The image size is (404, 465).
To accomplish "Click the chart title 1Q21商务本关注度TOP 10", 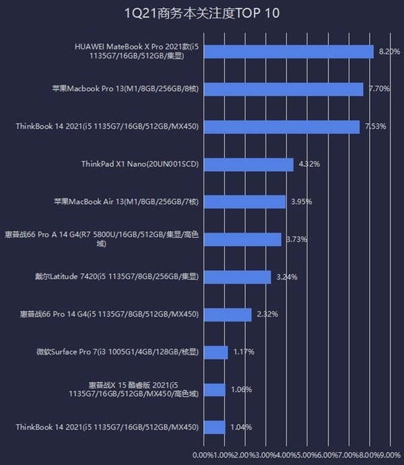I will pos(202,13).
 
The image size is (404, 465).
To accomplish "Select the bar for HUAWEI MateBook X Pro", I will pos(288,52).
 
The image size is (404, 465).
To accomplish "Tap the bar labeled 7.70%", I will pos(283,89).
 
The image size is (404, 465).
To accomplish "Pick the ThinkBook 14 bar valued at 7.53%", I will pos(281,127).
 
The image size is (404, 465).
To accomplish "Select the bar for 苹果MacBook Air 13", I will pos(244,201).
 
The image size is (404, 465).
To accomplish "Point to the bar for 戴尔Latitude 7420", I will pos(237,277).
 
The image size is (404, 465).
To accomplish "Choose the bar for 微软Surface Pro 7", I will pos(215,352).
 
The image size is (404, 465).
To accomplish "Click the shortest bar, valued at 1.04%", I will pos(214,427).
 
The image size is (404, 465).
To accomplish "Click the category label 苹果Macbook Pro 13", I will pos(125,89).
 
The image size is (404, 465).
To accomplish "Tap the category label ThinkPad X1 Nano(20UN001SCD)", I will pos(140,164).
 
